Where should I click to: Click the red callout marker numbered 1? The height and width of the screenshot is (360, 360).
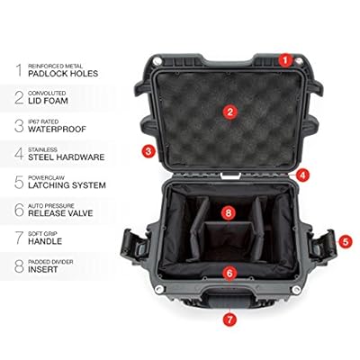[285, 60]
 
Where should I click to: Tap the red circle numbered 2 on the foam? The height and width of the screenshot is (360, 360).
[230, 112]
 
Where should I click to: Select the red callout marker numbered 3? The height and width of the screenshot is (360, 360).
[148, 151]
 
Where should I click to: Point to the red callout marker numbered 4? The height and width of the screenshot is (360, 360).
[302, 175]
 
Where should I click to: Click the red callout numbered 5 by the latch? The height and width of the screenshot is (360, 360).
[346, 241]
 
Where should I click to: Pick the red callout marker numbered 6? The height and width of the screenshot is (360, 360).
[229, 274]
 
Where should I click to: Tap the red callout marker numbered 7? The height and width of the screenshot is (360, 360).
[229, 319]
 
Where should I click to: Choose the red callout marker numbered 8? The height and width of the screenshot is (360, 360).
[229, 213]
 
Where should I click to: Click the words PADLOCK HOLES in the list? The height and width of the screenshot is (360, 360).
[63, 74]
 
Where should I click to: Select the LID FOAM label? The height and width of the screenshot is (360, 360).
[48, 101]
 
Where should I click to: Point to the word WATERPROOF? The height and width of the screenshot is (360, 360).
[57, 130]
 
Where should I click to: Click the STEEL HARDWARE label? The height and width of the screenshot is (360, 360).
[67, 157]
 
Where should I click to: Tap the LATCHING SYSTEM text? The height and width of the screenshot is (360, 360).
[67, 185]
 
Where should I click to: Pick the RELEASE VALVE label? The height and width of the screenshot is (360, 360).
[60, 213]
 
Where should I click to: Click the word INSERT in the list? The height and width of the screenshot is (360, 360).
[43, 269]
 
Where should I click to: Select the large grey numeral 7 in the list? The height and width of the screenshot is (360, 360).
[19, 238]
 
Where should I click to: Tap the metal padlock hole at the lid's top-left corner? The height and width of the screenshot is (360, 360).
[157, 61]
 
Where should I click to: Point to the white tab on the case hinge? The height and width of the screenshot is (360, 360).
[230, 175]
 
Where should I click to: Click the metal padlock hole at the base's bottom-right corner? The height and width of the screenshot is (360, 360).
[296, 290]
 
